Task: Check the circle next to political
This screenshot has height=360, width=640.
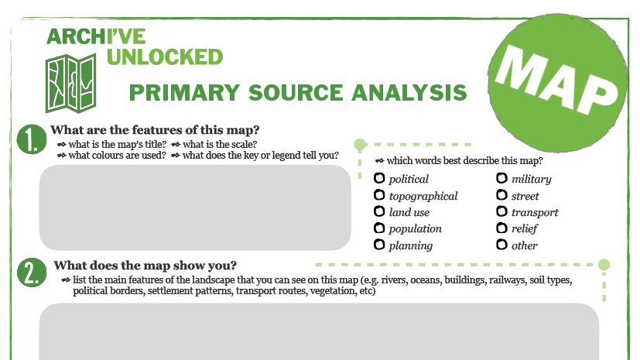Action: coord(379,178)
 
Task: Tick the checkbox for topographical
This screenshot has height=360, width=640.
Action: coord(379,195)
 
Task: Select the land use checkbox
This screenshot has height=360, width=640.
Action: coord(379,211)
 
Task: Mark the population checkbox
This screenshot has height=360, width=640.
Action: coord(379,228)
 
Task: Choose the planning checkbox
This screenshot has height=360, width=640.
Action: coord(379,245)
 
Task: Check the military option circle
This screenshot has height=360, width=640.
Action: coord(501,178)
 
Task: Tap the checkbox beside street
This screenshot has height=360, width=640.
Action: coord(501,195)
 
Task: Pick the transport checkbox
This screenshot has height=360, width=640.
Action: coord(501,211)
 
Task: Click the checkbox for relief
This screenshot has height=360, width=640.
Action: coord(501,228)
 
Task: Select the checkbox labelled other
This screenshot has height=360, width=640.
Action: coord(501,245)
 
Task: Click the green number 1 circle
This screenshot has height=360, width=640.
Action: coord(32,139)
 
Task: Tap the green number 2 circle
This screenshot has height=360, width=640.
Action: coord(32,273)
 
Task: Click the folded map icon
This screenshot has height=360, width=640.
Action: coord(70,84)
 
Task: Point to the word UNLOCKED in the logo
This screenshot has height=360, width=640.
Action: coord(165,57)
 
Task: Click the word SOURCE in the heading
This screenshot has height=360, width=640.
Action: coord(296,93)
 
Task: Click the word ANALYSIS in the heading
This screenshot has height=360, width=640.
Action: coord(409,93)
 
